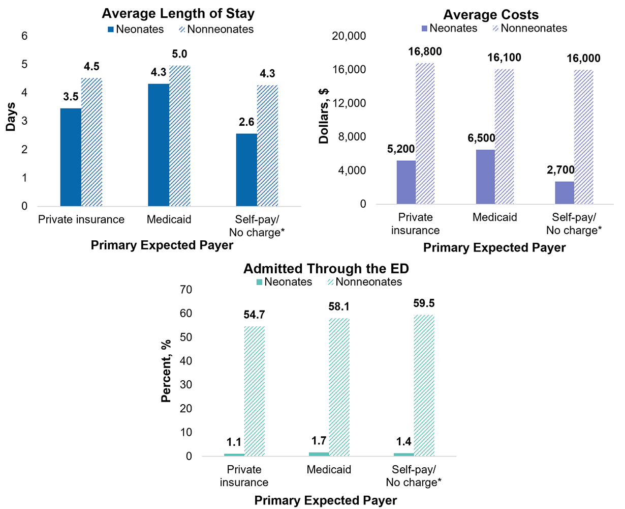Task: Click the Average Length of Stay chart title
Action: [178, 13]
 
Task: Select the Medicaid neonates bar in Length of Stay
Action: [159, 145]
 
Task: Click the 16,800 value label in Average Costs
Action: [425, 51]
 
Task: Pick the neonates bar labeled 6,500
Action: [485, 177]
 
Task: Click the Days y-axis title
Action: [11, 118]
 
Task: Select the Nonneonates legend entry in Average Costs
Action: [529, 29]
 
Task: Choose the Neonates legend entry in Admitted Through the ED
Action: [284, 282]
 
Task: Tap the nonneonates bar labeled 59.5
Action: [424, 385]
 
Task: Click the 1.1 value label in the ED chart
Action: [234, 442]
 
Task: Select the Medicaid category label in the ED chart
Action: [329, 469]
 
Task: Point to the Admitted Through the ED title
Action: [326, 268]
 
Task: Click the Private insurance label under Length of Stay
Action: [81, 219]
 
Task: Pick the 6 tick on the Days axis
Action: [24, 36]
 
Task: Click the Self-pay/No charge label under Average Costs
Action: [574, 224]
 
